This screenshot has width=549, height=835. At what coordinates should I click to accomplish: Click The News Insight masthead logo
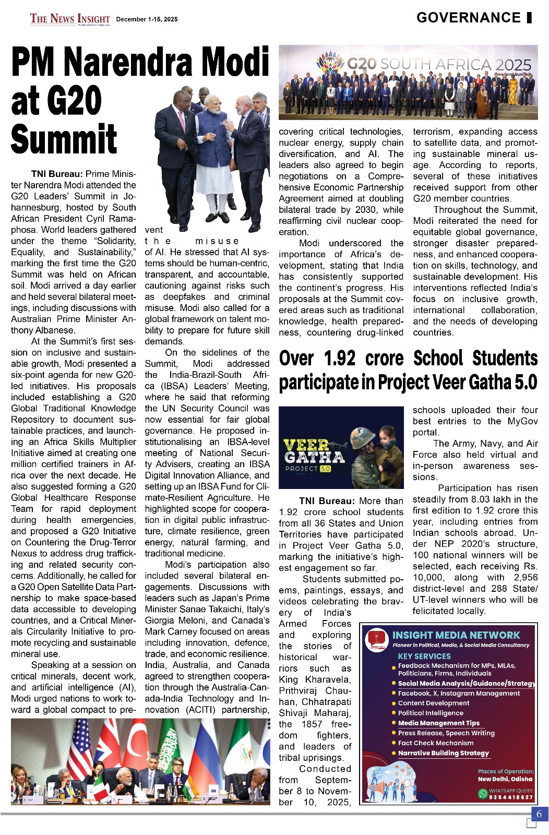[x=70, y=19]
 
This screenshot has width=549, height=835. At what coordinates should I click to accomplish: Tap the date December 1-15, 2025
[x=147, y=19]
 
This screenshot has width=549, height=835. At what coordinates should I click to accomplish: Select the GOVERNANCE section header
[x=468, y=18]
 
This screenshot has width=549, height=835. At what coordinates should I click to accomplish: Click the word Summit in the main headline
[x=64, y=139]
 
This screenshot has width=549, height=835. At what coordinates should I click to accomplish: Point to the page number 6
[x=539, y=814]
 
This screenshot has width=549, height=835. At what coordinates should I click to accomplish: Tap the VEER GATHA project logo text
[x=314, y=452]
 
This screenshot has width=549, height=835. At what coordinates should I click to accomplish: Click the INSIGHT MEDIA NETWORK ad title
[x=456, y=635]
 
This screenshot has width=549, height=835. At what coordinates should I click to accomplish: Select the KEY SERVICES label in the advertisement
[x=424, y=656]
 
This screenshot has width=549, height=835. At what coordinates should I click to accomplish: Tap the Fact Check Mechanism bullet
[x=435, y=743]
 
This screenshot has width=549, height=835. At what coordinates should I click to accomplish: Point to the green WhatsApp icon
[x=483, y=794]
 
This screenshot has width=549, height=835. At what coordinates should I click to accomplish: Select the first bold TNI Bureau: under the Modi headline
[x=57, y=174]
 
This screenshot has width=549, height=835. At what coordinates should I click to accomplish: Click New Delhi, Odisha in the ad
[x=505, y=779]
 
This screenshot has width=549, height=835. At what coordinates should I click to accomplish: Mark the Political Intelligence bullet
[x=431, y=713]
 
